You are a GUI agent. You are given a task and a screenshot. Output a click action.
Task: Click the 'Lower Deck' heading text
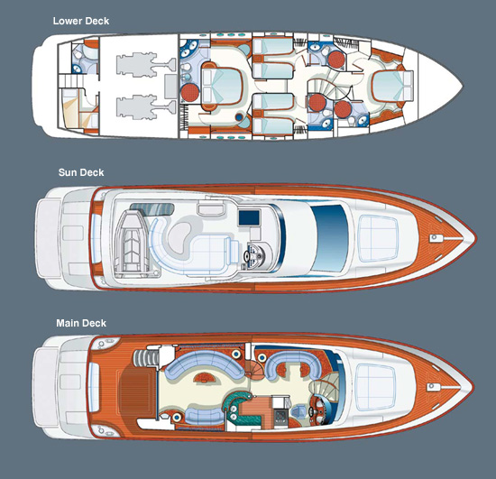(x=81, y=21)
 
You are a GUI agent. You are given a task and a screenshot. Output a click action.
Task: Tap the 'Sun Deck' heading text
(x=81, y=172)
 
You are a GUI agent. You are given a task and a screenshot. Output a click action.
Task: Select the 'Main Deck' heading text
(x=81, y=323)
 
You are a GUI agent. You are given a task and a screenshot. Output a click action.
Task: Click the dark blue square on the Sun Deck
(x=249, y=217)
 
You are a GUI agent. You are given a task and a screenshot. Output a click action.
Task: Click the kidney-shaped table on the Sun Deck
(x=179, y=237)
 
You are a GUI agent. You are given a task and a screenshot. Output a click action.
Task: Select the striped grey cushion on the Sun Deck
(x=152, y=208)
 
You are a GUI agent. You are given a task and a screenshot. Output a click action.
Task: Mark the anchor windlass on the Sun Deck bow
(x=434, y=237)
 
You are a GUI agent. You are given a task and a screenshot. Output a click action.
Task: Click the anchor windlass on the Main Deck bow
(x=431, y=387)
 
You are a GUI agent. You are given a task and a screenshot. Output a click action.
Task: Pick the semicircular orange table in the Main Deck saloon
(x=205, y=377)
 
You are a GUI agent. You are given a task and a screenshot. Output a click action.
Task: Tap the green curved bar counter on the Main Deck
(x=241, y=408)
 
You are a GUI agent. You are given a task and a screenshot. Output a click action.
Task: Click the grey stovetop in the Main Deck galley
(x=280, y=416)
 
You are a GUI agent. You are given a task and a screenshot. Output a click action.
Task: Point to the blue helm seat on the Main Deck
(x=298, y=412)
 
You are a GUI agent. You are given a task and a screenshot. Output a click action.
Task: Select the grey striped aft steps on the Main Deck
(x=145, y=358)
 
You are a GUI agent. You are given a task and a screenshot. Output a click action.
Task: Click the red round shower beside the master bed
(x=189, y=92)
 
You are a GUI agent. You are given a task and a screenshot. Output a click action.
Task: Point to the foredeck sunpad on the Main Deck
(x=376, y=387)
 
